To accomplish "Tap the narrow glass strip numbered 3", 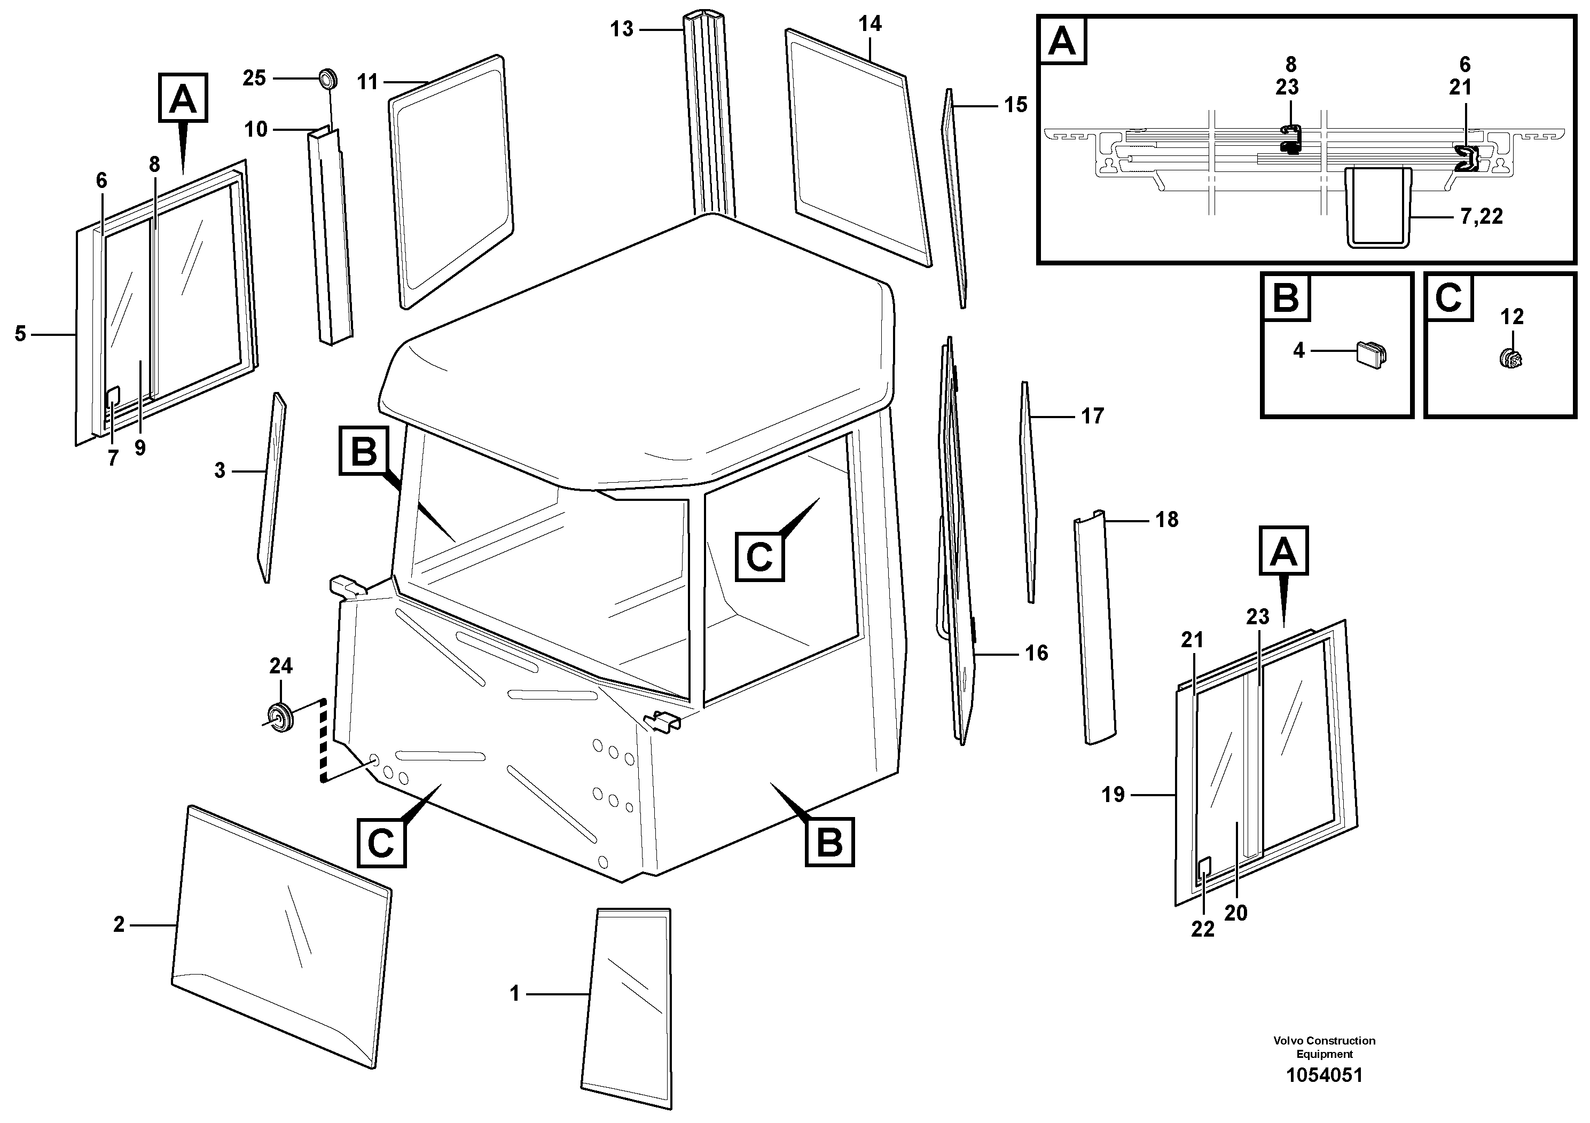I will tap(271, 488).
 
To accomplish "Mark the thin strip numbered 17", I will tap(1028, 492).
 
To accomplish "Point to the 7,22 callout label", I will tap(1482, 217).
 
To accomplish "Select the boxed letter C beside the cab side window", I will tap(759, 556).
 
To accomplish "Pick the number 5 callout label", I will tap(20, 334).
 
